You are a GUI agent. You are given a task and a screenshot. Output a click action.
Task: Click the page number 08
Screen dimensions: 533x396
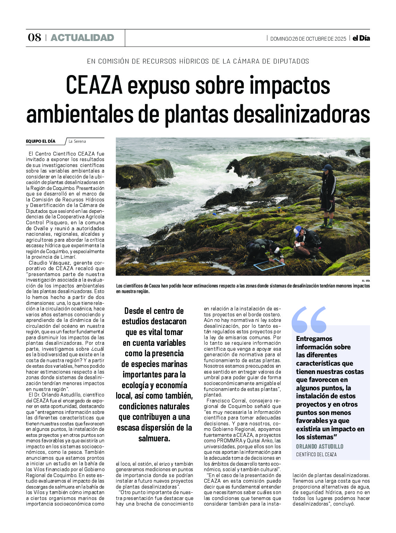[34, 38]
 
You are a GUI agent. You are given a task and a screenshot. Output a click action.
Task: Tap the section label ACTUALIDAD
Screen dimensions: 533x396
[82, 38]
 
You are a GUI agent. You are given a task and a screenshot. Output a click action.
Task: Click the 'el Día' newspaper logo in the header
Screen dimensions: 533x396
[361, 38]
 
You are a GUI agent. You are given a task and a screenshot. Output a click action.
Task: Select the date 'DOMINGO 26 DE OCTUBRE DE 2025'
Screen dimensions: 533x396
[308, 39]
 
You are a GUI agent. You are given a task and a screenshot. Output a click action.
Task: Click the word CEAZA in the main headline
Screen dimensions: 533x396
[94, 85]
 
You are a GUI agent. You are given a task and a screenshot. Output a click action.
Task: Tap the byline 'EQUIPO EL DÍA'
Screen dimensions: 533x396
[41, 141]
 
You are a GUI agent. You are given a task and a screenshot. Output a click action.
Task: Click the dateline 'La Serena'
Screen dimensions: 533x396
[77, 141]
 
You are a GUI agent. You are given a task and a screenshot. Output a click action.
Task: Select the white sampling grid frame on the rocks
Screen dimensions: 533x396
[269, 265]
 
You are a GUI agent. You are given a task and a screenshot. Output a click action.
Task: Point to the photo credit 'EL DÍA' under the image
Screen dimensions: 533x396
[365, 281]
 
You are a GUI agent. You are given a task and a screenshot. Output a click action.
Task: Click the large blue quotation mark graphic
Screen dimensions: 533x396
[309, 319]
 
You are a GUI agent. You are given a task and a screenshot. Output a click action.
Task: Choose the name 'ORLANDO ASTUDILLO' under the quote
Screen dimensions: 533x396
[319, 447]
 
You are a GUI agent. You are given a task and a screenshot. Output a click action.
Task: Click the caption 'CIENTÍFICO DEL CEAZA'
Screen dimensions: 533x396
[316, 455]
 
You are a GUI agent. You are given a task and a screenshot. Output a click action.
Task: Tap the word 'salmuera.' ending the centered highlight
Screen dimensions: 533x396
[154, 439]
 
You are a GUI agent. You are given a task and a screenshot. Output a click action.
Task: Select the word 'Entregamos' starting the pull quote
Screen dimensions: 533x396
[314, 339]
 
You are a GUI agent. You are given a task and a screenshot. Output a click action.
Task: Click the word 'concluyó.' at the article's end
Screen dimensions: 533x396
[344, 504]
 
